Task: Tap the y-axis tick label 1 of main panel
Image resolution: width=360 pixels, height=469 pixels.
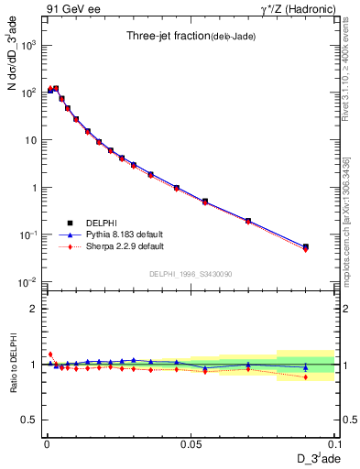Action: point(35,188)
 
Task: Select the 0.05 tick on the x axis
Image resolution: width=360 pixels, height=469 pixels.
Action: point(190,442)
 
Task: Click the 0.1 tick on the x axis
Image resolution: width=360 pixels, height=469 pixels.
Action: point(333,442)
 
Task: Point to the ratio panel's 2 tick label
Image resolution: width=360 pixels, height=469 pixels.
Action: point(35,309)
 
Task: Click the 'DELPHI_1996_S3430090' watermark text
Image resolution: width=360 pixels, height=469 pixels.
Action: point(190,274)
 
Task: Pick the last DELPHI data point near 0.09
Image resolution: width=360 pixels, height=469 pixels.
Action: point(306,246)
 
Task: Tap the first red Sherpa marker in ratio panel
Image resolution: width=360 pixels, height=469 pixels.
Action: point(50,354)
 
